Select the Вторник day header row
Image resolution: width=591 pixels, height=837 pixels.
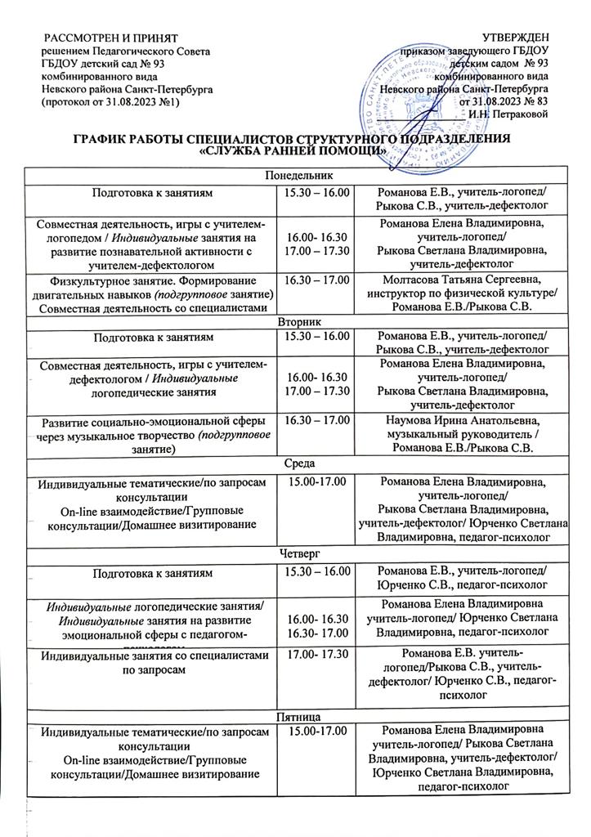tap(295, 322)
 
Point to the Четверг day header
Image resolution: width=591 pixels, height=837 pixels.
tap(295, 553)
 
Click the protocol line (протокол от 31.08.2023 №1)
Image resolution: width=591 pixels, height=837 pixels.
tap(110, 101)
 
